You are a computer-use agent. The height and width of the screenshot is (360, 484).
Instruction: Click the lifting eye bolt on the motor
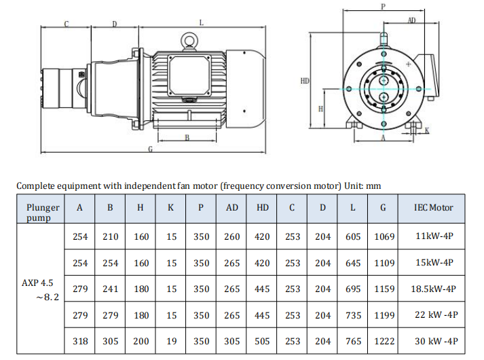click(x=189, y=41)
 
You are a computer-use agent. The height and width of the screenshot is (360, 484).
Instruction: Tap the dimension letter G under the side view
click(x=150, y=149)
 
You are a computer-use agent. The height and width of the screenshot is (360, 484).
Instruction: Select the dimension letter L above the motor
click(x=201, y=23)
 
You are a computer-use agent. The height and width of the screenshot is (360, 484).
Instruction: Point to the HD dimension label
click(x=305, y=81)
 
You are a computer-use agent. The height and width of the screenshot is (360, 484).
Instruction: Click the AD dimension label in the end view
click(x=412, y=20)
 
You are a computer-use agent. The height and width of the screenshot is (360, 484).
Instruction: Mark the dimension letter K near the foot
click(x=427, y=130)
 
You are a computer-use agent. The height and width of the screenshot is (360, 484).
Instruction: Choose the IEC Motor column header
click(x=433, y=208)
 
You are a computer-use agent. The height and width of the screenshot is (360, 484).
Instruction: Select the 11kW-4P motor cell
click(x=434, y=236)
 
